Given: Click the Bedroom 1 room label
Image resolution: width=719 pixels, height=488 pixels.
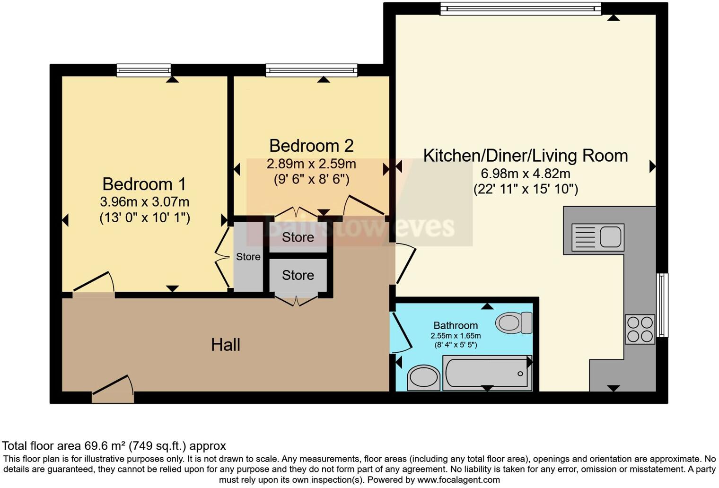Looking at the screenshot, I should [144, 184].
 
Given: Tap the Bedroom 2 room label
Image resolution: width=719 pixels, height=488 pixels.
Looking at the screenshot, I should [311, 146].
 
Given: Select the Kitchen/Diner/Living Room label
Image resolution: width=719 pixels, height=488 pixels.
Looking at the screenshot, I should [525, 156].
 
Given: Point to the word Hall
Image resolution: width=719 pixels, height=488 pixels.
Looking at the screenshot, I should [226, 345].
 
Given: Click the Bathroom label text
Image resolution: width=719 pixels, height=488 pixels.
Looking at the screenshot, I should [456, 325].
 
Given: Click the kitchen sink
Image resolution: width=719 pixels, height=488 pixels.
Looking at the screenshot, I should [598, 237].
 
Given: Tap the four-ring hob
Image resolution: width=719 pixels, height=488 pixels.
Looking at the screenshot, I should [640, 329].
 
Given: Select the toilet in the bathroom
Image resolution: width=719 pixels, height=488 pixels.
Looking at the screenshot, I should [514, 323].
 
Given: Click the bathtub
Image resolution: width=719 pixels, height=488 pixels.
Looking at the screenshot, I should [487, 373].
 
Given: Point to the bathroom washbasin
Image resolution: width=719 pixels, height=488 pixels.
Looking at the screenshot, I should [423, 378].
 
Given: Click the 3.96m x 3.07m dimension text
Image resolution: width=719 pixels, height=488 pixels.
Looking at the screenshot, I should [144, 202].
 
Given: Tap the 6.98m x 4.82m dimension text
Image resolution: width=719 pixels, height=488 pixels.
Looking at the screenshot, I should [525, 173].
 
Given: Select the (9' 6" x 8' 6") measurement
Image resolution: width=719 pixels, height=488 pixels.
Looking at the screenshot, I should [311, 179].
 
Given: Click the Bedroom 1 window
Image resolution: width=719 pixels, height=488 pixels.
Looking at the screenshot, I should [144, 70].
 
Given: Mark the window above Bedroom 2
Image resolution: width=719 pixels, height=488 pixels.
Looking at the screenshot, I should [311, 70].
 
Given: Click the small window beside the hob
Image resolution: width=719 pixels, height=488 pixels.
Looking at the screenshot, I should [663, 305].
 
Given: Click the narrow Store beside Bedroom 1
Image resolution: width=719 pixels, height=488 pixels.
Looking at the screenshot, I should [248, 257].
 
